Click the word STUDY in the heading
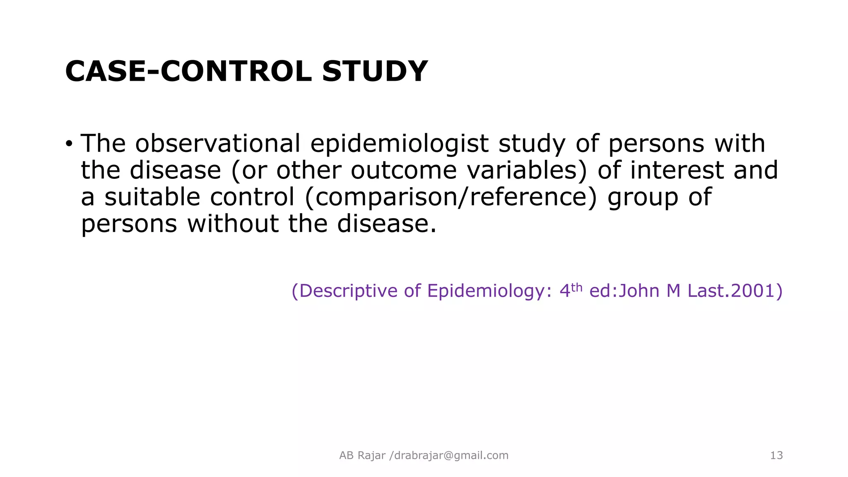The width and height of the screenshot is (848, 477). (x=375, y=71)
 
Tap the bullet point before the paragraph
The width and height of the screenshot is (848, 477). (x=69, y=144)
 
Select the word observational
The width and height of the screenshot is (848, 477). (x=218, y=144)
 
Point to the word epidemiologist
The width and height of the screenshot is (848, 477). (x=399, y=144)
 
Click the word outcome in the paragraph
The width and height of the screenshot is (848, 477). (x=404, y=171)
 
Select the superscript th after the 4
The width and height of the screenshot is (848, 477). (x=577, y=287)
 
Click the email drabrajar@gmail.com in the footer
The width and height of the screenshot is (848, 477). (x=451, y=455)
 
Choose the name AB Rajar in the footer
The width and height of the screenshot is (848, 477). (x=362, y=455)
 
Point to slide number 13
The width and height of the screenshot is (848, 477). (x=776, y=455)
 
